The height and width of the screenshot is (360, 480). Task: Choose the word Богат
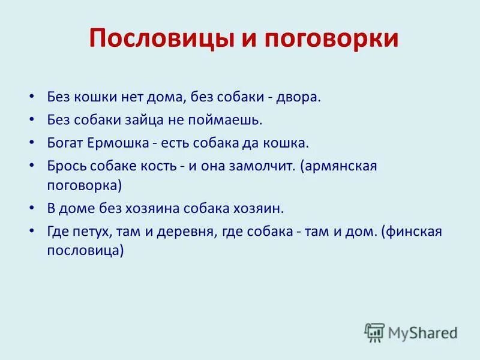point(65,143)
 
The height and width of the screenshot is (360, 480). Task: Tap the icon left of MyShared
point(374,331)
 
